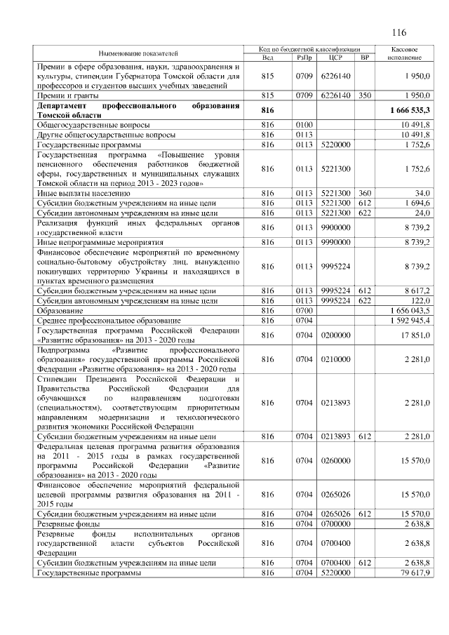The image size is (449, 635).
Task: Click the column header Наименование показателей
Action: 138,53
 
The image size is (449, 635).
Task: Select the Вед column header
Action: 267,57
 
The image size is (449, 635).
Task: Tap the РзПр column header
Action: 304,57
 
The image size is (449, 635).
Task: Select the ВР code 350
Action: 363,94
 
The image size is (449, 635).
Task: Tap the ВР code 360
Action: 363,192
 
